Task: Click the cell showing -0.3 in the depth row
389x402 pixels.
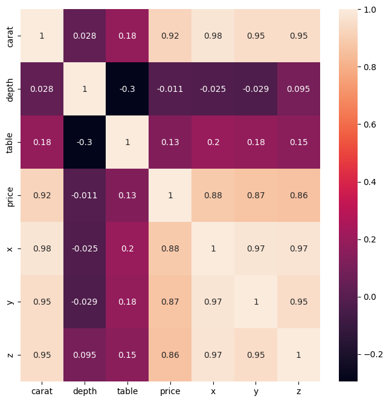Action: tap(127, 89)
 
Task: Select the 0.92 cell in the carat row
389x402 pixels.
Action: tap(170, 36)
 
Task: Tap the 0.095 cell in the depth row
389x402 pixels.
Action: tap(298, 89)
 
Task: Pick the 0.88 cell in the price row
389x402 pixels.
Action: tap(213, 195)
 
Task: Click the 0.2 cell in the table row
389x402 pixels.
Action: tap(213, 142)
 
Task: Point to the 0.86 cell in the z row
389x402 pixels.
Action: tap(170, 355)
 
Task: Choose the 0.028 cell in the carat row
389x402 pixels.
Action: tap(85, 36)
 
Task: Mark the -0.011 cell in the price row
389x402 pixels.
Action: tap(85, 195)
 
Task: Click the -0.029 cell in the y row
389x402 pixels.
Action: tap(85, 302)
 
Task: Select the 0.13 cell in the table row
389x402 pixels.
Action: tap(170, 142)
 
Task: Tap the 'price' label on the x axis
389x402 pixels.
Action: tap(170, 392)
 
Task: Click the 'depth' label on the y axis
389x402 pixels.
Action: tap(10, 89)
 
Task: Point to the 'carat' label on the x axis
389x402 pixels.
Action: tap(42, 392)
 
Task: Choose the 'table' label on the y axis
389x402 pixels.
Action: tap(10, 142)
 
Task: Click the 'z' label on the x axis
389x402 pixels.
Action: tap(298, 392)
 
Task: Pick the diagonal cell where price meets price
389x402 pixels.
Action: tap(170, 195)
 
